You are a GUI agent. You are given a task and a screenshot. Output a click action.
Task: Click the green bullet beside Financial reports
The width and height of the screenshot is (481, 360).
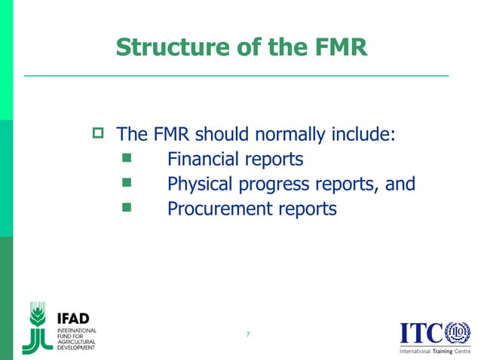pyautogui.click(x=126, y=159)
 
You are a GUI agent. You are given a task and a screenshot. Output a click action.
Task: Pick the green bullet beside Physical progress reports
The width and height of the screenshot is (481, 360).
pyautogui.click(x=126, y=183)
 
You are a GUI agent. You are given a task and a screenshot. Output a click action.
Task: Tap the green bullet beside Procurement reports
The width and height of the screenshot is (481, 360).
pyautogui.click(x=126, y=207)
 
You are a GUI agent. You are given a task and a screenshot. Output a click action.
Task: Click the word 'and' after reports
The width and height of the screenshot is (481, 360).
pyautogui.click(x=400, y=184)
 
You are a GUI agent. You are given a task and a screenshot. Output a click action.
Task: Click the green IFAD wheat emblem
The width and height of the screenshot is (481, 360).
pyautogui.click(x=37, y=327)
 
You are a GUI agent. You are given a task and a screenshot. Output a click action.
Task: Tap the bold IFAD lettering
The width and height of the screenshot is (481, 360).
pyautogui.click(x=75, y=316)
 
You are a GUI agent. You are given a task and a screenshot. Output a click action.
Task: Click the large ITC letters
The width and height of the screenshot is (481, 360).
pyautogui.click(x=421, y=332)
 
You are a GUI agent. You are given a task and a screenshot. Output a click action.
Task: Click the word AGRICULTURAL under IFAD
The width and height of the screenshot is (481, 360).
pyautogui.click(x=78, y=341)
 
